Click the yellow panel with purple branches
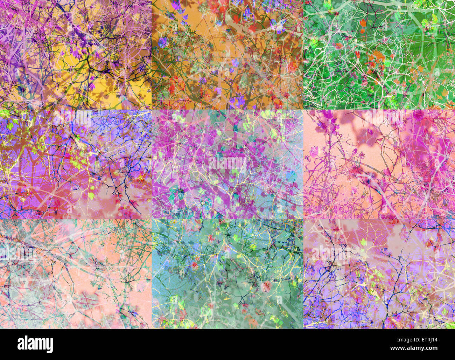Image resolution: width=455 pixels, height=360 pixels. (x=76, y=54)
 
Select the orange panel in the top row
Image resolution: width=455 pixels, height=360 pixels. (x=227, y=54)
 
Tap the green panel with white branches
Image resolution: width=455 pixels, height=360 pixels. (x=379, y=54)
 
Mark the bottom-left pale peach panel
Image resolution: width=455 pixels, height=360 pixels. (x=76, y=274)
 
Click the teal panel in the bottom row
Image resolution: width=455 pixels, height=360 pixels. (x=227, y=274)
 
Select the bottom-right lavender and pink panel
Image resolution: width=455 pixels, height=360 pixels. (x=379, y=274)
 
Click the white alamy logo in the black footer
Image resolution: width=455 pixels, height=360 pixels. (x=35, y=344)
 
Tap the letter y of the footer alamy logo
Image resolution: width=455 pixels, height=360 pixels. (x=50, y=346)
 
